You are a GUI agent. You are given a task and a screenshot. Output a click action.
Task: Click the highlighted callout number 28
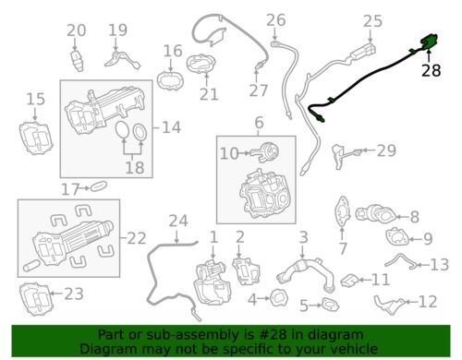coord(431,70)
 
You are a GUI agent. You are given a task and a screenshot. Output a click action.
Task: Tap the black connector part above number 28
coord(429,42)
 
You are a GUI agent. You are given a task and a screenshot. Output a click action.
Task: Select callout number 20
coord(77,30)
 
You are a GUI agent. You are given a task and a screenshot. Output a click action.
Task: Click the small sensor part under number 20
coord(77,61)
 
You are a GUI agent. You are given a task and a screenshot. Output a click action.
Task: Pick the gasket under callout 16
coord(170,80)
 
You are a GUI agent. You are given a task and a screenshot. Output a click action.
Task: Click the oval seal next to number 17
coord(98,186)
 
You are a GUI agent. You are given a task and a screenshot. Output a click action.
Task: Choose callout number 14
coord(171,127)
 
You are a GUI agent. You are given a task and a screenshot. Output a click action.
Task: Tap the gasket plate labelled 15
coord(36,138)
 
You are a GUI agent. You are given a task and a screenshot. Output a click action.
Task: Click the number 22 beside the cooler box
coord(136,238)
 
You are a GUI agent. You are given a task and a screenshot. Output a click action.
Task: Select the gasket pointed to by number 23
coord(36,298)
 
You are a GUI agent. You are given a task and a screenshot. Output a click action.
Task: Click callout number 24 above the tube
coord(178,221)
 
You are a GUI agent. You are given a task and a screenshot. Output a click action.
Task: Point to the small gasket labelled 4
coord(279,298)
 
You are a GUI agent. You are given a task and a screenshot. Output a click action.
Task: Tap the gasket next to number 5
coord(330,305)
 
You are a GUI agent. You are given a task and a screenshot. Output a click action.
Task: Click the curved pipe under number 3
coord(306,273)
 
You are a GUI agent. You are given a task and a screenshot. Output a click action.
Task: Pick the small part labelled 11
coord(348,280)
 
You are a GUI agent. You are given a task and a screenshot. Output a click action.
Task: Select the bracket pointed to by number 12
coord(390,304)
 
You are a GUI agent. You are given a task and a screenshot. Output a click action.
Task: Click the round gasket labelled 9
coord(397,236)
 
